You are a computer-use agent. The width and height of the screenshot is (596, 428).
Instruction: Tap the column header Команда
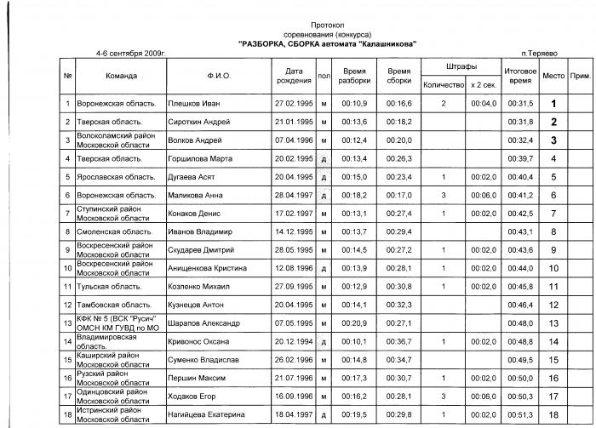(122, 76)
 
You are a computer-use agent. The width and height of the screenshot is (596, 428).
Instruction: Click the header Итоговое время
(519, 76)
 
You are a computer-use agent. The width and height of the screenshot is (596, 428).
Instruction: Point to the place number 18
(553, 414)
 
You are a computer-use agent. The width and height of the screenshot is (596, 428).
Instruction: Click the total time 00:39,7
(519, 158)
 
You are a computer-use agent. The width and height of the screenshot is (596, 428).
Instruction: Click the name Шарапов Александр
(205, 323)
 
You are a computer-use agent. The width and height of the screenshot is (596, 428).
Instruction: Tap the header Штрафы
(461, 66)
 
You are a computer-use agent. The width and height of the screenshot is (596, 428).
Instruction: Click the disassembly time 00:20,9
(354, 323)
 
